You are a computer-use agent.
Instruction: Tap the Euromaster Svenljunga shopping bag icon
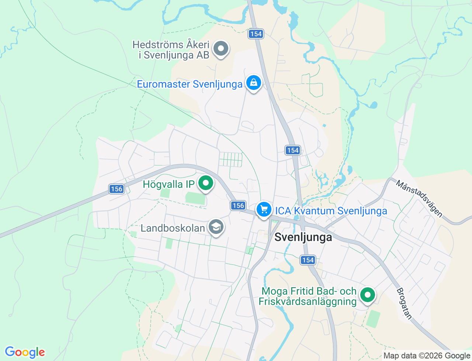253,83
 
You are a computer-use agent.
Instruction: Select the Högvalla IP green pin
206,183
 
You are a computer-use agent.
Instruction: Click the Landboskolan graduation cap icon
216,227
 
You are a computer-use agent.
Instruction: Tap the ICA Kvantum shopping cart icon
264,210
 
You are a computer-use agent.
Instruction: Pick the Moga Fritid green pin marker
367,295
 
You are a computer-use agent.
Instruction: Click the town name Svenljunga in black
303,238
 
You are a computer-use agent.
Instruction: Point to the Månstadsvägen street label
419,198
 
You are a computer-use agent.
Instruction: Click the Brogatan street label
404,304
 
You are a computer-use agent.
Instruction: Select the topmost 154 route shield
256,34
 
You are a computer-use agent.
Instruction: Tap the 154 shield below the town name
308,260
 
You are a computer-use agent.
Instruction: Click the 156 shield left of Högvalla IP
116,189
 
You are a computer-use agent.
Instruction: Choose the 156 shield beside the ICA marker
238,206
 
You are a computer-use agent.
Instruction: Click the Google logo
25,352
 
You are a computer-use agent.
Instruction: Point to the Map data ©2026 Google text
427,355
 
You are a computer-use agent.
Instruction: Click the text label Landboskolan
173,228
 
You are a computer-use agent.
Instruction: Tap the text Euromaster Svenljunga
190,84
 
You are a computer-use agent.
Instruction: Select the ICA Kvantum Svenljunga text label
331,211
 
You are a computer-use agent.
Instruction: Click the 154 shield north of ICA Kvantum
293,150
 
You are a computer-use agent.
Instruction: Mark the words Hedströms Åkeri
171,45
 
